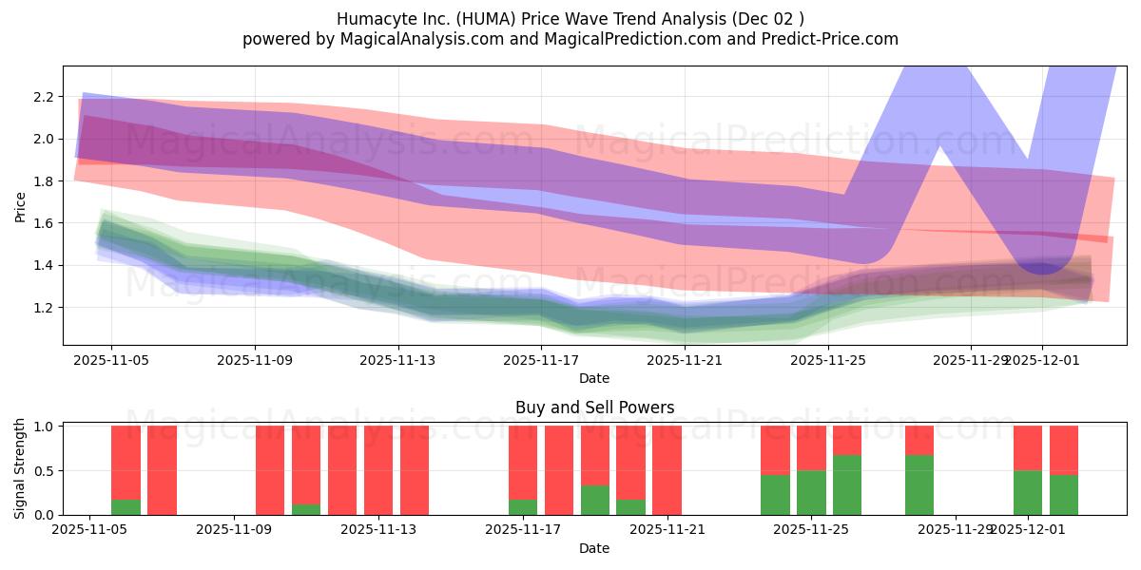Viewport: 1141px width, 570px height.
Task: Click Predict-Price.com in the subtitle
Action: click(827, 39)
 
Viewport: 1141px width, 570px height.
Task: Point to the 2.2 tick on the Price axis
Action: click(43, 97)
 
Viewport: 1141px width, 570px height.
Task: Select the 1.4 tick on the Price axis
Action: click(43, 265)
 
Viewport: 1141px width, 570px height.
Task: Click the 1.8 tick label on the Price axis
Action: click(43, 181)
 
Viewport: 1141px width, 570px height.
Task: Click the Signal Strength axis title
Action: click(20, 469)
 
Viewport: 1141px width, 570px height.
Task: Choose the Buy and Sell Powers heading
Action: click(594, 408)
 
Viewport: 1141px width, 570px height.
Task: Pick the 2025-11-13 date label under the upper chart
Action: click(398, 360)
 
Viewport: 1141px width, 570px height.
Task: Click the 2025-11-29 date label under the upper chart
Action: click(970, 360)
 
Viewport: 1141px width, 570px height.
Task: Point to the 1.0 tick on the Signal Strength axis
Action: click(43, 427)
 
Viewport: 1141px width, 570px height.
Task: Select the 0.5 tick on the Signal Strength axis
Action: click(43, 471)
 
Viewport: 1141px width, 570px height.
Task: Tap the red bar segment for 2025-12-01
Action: click(1028, 447)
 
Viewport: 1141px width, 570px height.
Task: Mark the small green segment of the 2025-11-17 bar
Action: click(523, 507)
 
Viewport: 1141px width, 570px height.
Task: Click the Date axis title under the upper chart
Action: click(594, 378)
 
